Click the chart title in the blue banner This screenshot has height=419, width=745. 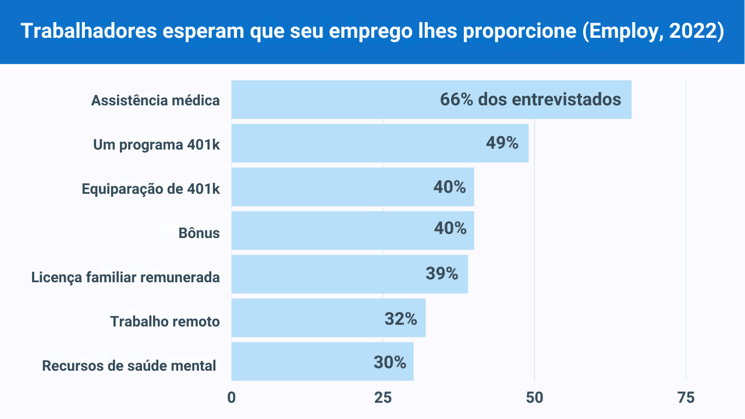click(x=372, y=31)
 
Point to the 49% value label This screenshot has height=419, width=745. click(x=502, y=143)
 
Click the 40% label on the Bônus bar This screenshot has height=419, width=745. click(x=450, y=229)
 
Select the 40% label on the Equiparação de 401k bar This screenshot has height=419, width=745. click(x=449, y=187)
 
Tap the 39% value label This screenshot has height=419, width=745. click(x=442, y=274)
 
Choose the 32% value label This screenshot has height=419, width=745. click(x=400, y=319)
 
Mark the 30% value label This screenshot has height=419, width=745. click(x=389, y=363)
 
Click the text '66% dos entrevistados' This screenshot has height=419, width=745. click(x=530, y=100)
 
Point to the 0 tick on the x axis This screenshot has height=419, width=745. click(x=232, y=398)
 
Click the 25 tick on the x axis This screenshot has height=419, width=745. click(x=382, y=398)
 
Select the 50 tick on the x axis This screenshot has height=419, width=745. click(x=534, y=398)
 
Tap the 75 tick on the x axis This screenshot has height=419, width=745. click(x=686, y=398)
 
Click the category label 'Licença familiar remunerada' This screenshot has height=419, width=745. click(x=126, y=277)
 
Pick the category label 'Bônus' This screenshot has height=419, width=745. click(x=199, y=233)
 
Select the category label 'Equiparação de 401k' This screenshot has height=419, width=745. click(x=151, y=189)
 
